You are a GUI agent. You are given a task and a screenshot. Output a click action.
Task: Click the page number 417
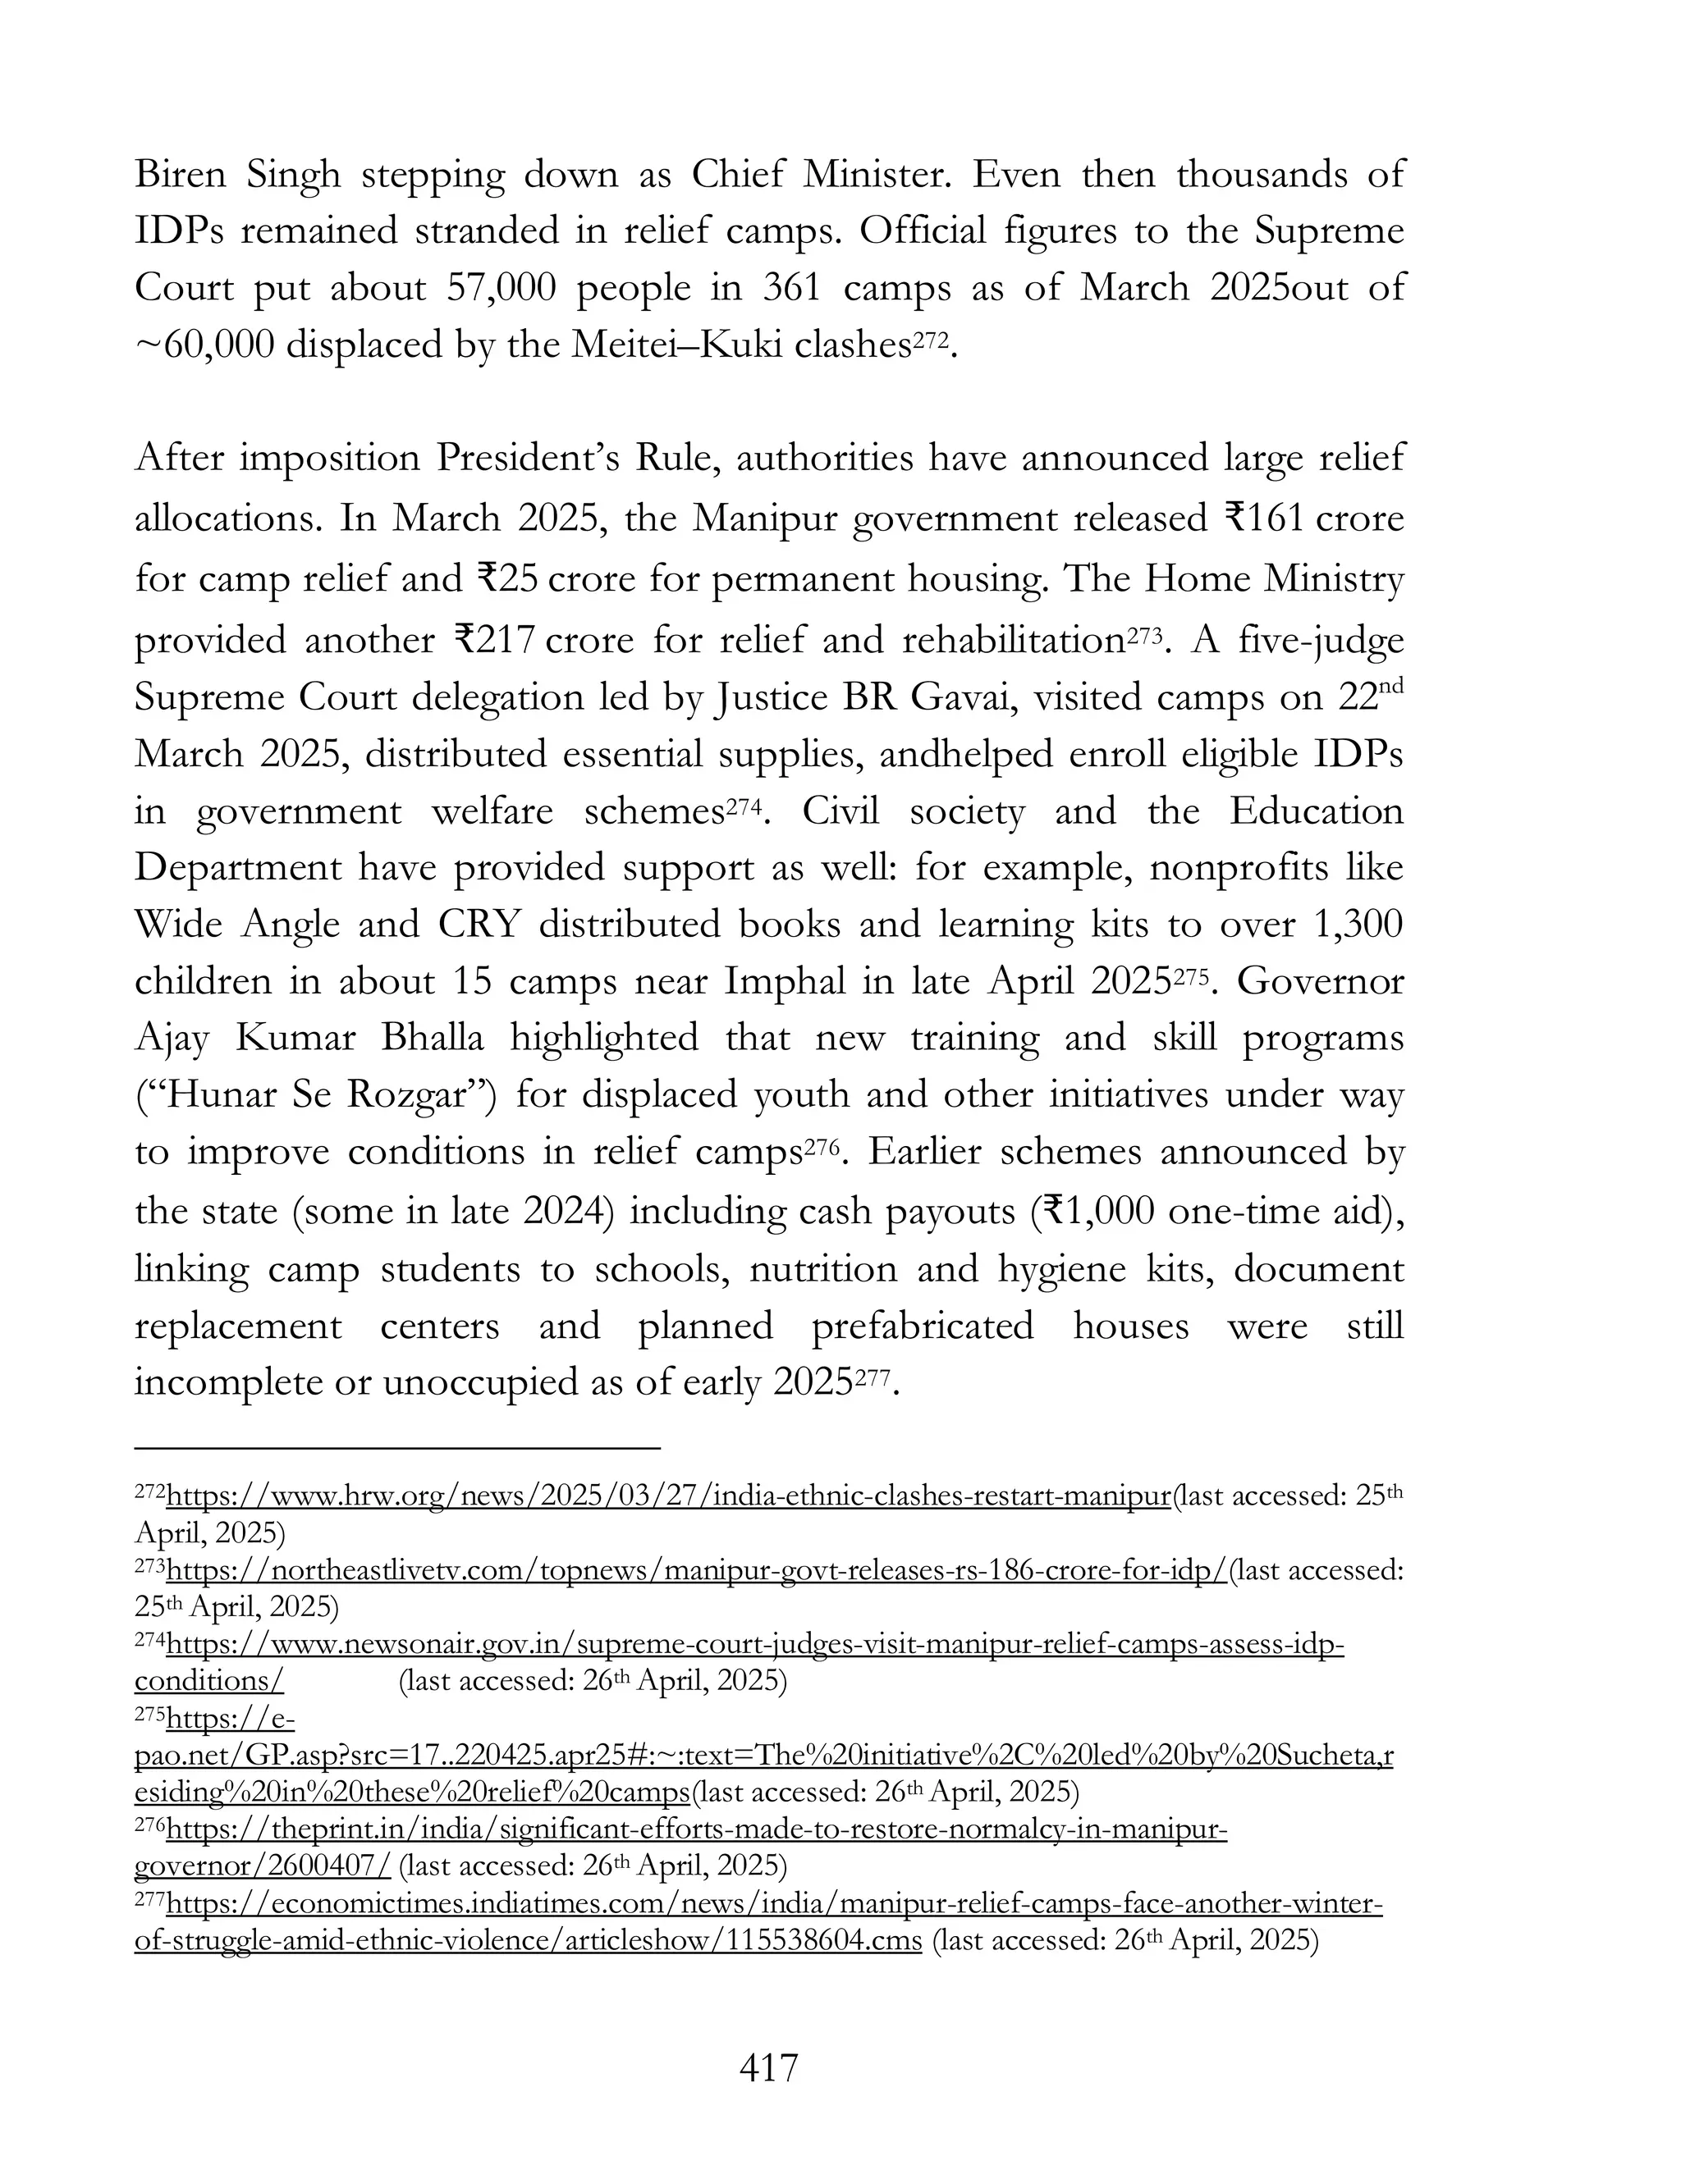[x=769, y=2067]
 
